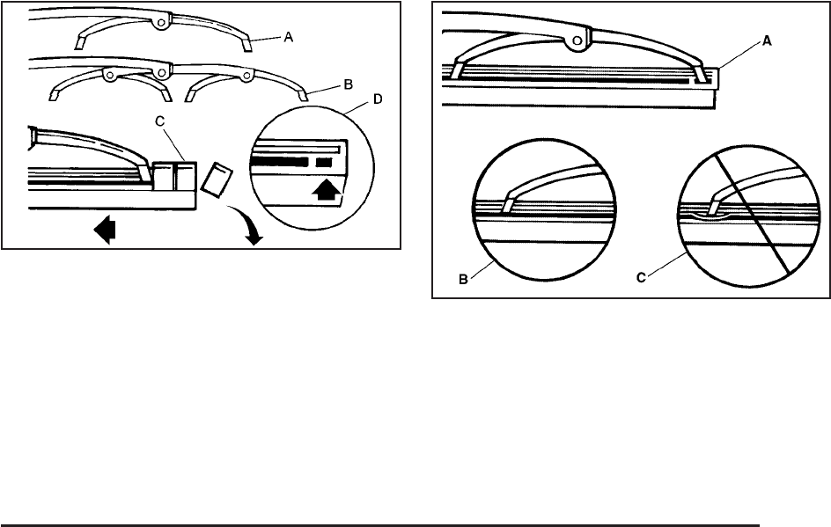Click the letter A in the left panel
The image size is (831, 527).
point(289,40)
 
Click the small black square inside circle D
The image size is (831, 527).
point(326,163)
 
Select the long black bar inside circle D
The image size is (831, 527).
point(279,163)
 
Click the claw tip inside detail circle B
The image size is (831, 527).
point(507,205)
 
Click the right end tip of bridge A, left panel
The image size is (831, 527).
point(248,44)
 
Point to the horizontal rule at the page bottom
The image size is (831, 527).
point(379,526)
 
